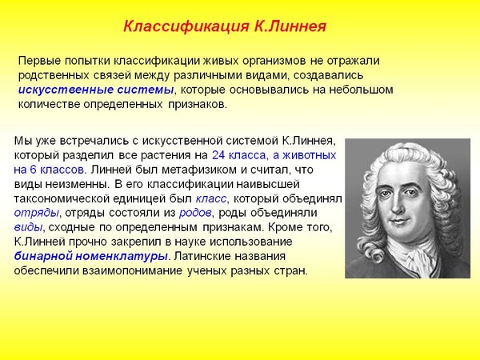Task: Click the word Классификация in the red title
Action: [x=186, y=26]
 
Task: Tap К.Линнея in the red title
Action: [x=290, y=26]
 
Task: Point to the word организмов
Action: [x=274, y=61]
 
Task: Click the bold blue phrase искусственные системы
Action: [x=96, y=90]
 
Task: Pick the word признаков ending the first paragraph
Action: [x=197, y=105]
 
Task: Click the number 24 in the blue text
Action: [x=218, y=155]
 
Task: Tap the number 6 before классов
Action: [x=33, y=170]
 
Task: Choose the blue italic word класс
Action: [x=211, y=199]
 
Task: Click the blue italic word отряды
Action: [x=37, y=213]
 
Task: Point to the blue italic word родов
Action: [x=195, y=213]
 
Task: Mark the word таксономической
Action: [x=62, y=199]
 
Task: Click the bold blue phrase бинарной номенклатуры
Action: [x=91, y=256]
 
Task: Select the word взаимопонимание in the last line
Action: [x=132, y=271]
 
